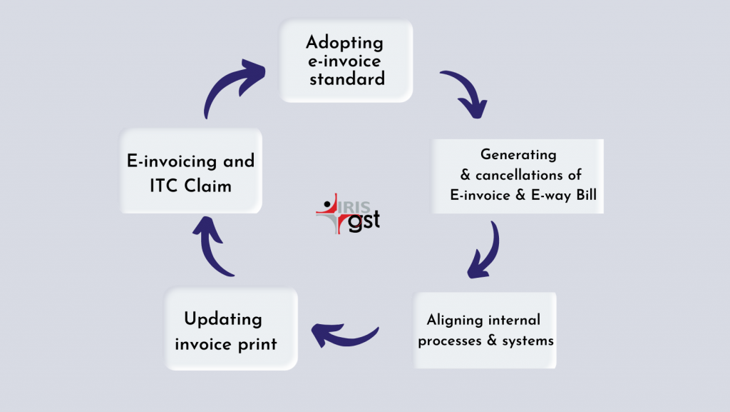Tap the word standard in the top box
pyautogui.click(x=347, y=79)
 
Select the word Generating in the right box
pyautogui.click(x=518, y=155)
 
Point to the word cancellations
pyautogui.click(x=519, y=175)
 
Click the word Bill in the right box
pyautogui.click(x=587, y=194)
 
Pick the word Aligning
pyautogui.click(x=455, y=321)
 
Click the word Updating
pyautogui.click(x=223, y=320)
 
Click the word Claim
pyautogui.click(x=207, y=186)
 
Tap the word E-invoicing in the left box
pyautogui.click(x=172, y=161)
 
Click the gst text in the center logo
pyautogui.click(x=364, y=221)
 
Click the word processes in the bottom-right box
pyautogui.click(x=450, y=341)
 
